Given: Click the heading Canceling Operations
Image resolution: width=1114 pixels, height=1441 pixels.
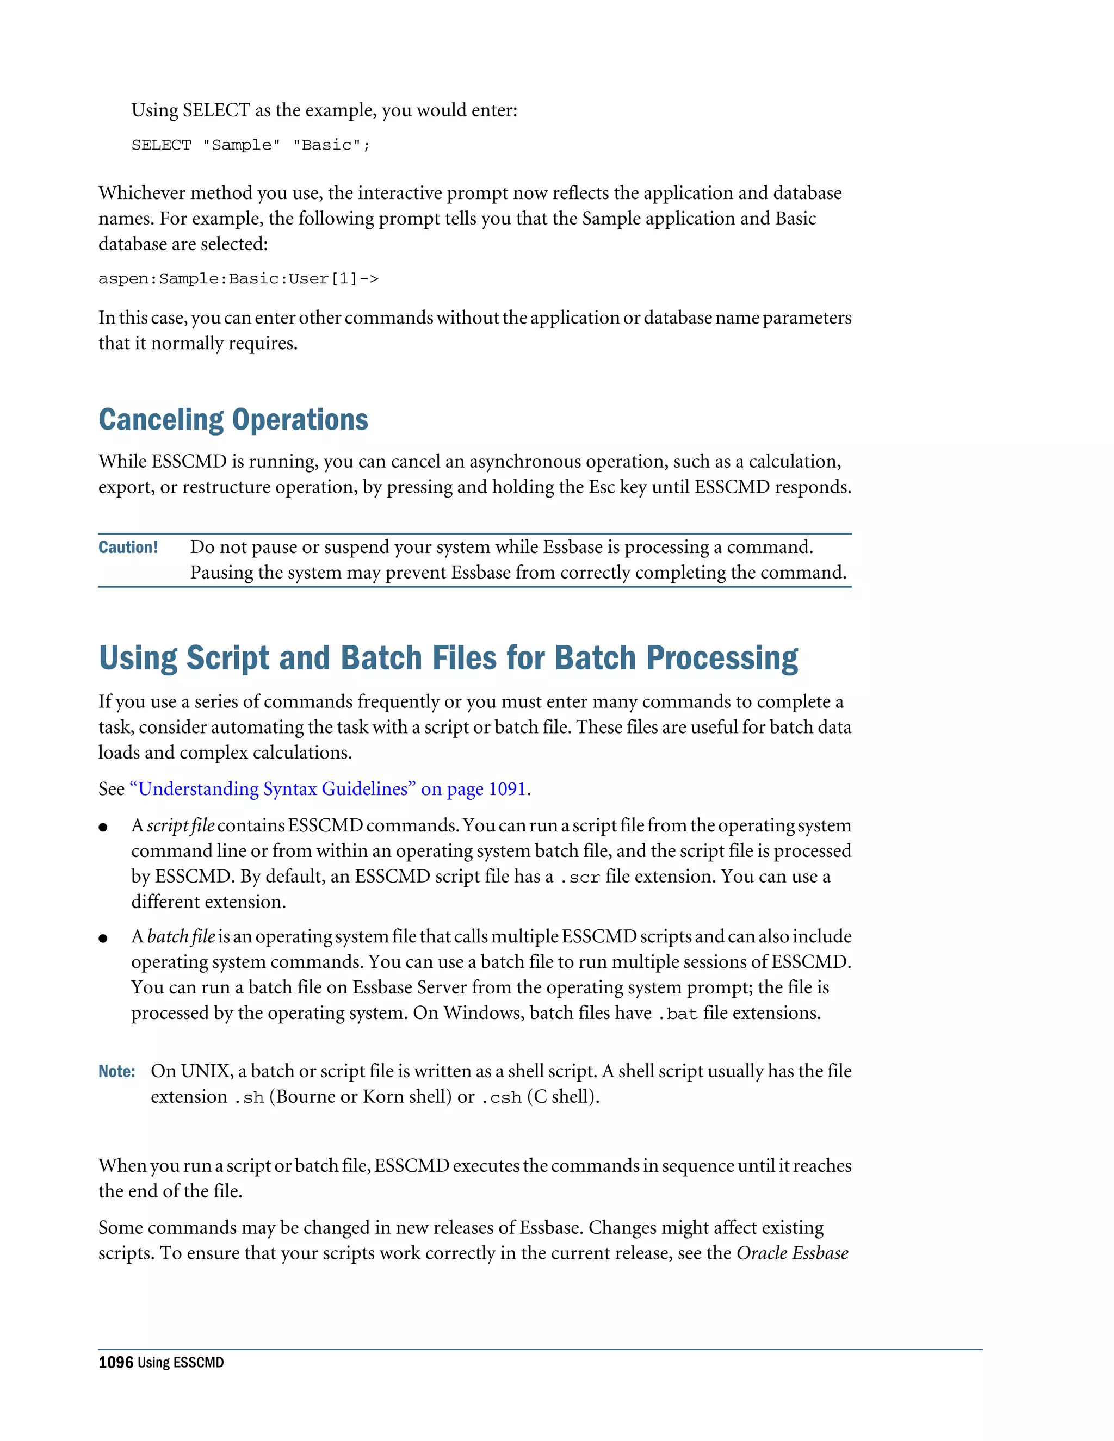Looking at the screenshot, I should coord(233,420).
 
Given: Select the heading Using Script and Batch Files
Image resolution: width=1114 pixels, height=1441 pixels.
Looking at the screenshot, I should coord(448,658).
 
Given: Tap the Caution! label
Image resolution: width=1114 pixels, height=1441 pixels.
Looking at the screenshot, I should coord(128,547).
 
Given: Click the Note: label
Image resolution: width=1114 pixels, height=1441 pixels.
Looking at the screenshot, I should coord(117,1071).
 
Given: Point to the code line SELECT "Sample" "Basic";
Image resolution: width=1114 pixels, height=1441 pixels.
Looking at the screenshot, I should coord(251,145).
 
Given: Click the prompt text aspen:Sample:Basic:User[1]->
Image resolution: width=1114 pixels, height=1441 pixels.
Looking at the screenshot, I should coord(238,279).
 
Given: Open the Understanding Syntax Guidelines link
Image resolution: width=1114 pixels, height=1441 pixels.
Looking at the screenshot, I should coord(328,789).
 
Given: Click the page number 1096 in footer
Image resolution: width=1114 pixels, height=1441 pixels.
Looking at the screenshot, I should coord(115,1363).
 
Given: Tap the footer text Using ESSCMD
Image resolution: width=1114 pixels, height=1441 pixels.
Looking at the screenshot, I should coord(181,1363).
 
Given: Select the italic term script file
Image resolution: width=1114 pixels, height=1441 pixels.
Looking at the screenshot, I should coord(180,825).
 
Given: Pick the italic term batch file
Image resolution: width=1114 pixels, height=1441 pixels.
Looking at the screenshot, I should coord(181,936).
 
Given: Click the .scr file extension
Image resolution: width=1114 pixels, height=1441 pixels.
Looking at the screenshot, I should coord(579,878).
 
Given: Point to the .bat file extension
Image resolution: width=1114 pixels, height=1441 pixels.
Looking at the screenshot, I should coord(677,1014).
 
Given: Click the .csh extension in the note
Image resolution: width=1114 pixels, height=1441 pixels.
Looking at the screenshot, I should coord(501,1097).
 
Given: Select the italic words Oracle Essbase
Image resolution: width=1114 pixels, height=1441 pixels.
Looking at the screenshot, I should coord(792,1253).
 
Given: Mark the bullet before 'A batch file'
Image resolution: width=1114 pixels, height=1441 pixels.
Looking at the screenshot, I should coord(103,938).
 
